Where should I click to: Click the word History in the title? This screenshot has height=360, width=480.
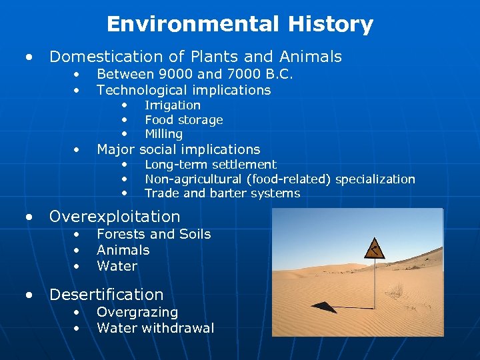pyautogui.click(x=331, y=25)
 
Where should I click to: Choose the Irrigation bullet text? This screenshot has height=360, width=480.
pyautogui.click(x=172, y=105)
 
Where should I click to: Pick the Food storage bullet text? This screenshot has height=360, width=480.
pyautogui.click(x=183, y=120)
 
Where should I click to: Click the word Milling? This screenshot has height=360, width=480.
pyautogui.click(x=163, y=134)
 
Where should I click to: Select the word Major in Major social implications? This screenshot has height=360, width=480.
pyautogui.click(x=115, y=149)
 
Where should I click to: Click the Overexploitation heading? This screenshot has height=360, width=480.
pyautogui.click(x=115, y=217)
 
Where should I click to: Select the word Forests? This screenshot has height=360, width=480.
pyautogui.click(x=121, y=234)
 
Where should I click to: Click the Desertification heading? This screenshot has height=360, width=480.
pyautogui.click(x=106, y=295)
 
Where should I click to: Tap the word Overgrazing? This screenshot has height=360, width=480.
pyautogui.click(x=137, y=312)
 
